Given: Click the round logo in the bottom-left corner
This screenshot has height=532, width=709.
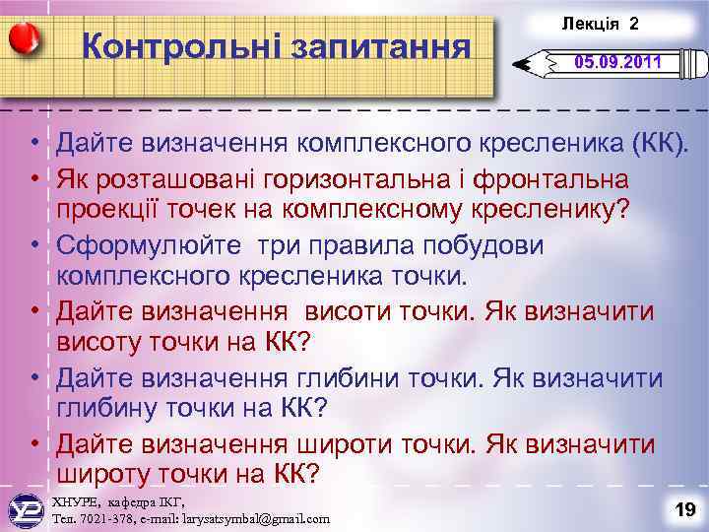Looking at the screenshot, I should (x=24, y=508).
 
